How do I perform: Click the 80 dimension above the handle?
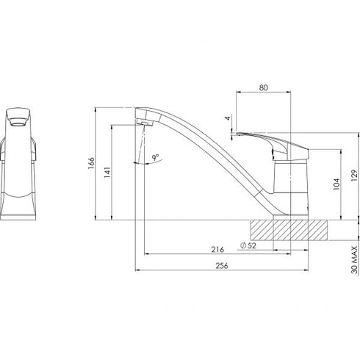point(263,87)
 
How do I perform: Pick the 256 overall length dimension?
point(218,267)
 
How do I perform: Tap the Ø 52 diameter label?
point(248,245)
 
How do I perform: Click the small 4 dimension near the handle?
point(228,118)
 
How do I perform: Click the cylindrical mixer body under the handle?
point(292,187)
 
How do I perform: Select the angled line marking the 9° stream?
point(137,151)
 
